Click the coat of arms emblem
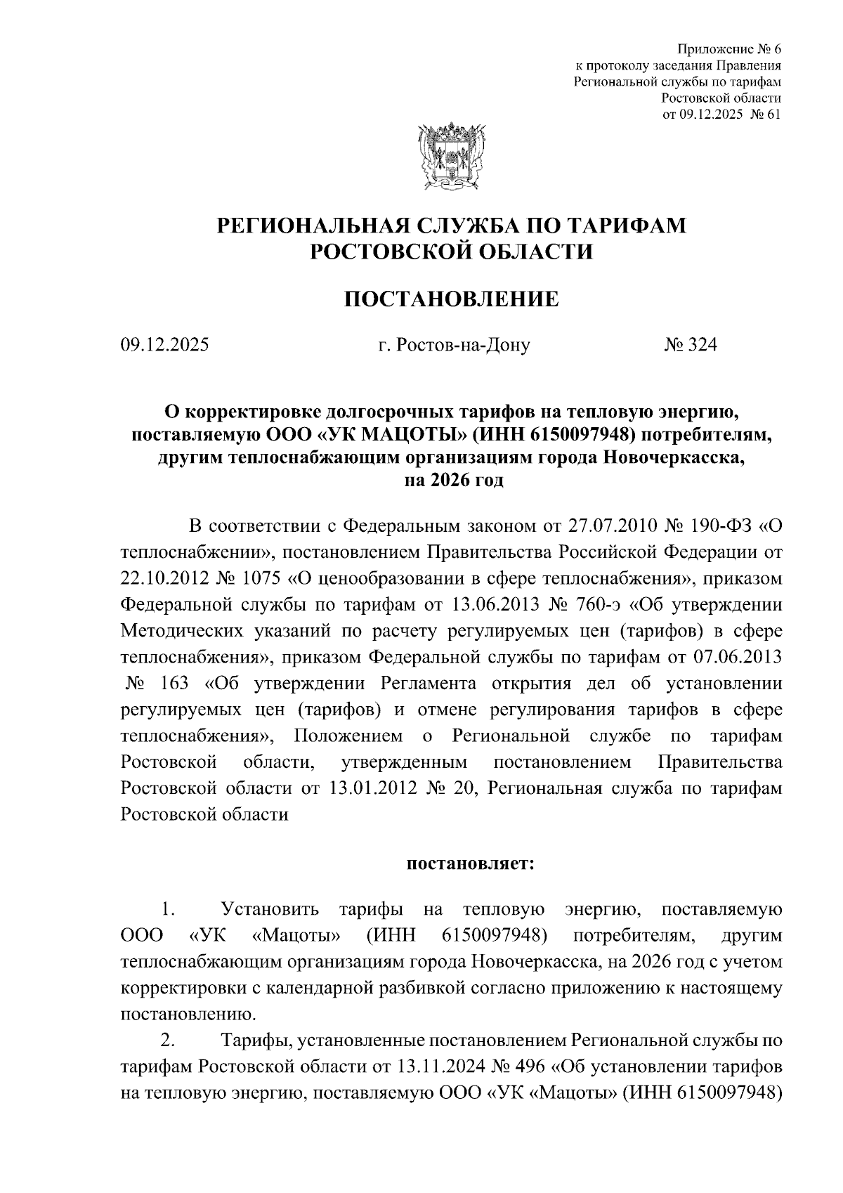click(x=452, y=157)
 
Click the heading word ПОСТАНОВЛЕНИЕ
click(x=452, y=299)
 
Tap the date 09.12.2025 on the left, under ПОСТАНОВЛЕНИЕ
click(x=164, y=345)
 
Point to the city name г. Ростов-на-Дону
click(x=454, y=345)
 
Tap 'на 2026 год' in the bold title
click(x=452, y=481)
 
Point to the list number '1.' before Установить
click(x=167, y=909)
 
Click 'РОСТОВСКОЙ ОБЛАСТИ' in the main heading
click(x=452, y=252)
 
